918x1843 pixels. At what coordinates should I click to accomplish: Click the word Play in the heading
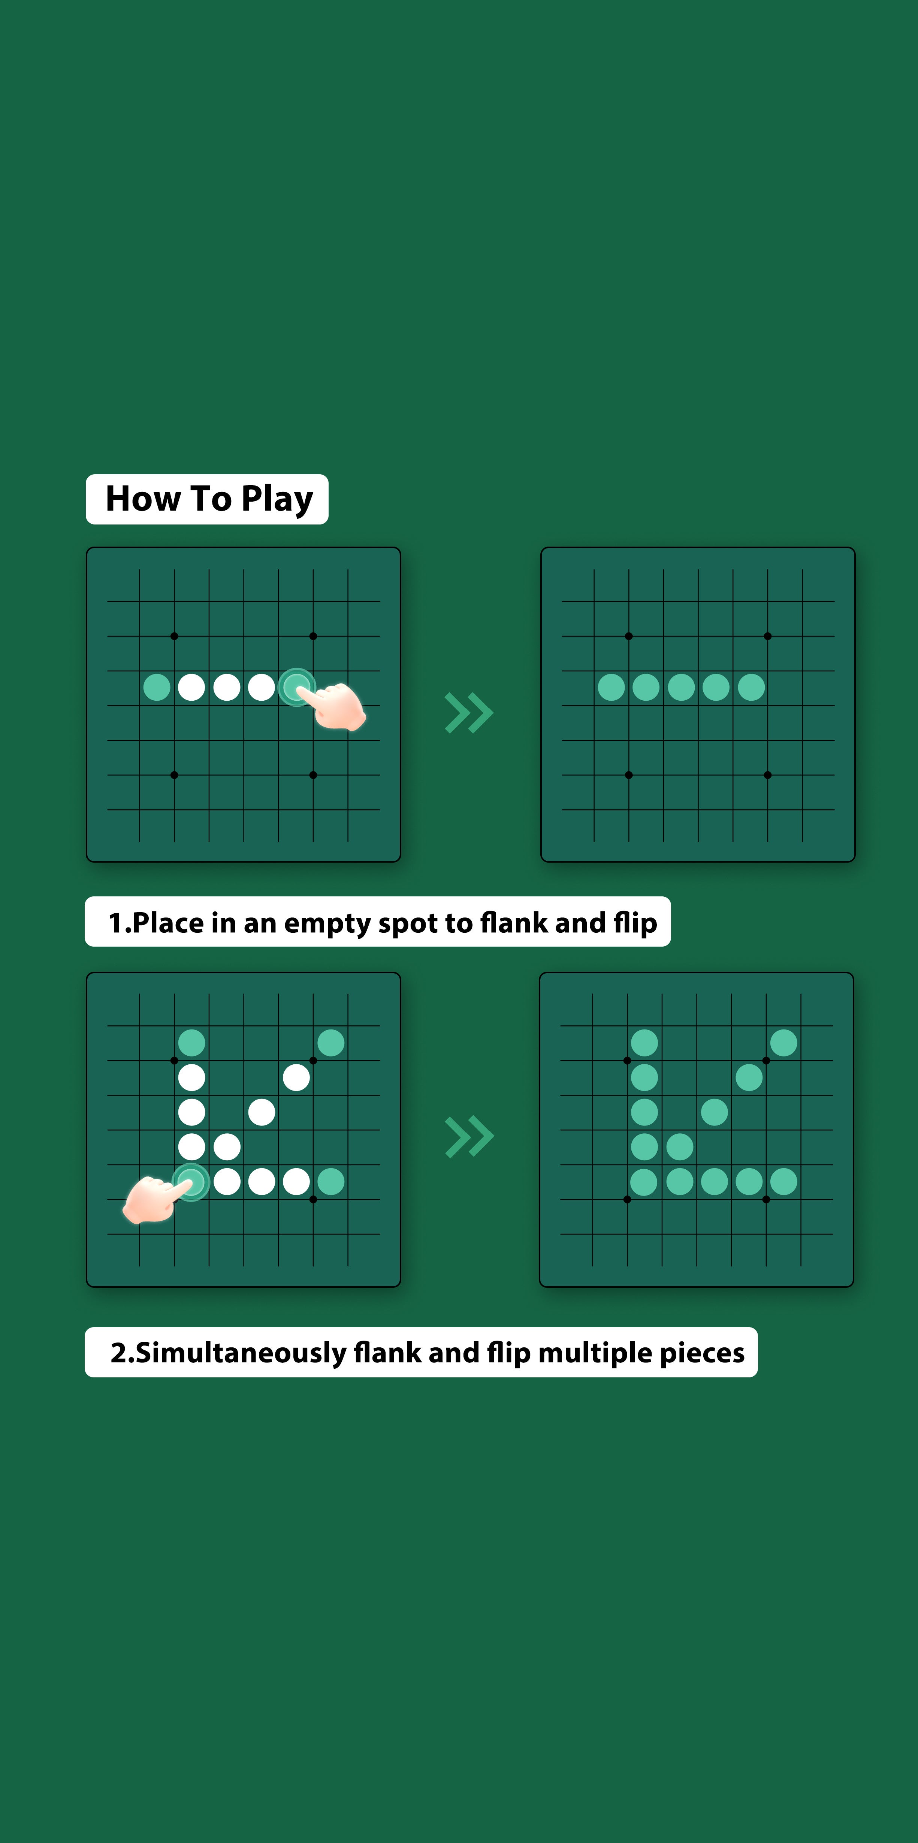pos(277,499)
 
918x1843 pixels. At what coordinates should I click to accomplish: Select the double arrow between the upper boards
pos(469,713)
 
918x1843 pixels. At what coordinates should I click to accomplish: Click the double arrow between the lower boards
pos(469,1137)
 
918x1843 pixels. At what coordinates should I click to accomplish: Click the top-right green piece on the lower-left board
pos(330,1043)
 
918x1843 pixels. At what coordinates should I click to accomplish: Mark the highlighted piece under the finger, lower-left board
pos(190,1181)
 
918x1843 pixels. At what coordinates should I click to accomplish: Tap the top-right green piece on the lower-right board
pos(783,1043)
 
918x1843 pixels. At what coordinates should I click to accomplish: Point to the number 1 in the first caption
pos(116,923)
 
